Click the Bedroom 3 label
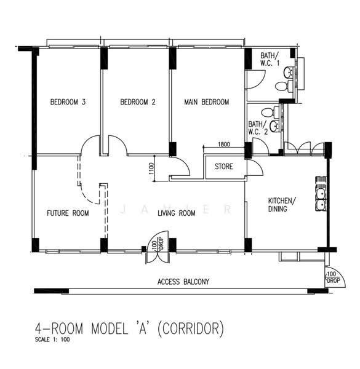pos(68,102)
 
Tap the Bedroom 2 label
pos(138,102)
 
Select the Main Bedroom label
pos(207,102)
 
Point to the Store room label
pos(223,167)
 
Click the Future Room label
pos(68,213)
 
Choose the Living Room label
pos(177,213)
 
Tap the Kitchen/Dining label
pos(282,205)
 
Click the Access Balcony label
pos(183,282)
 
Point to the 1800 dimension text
pos(223,144)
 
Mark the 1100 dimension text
pos(151,169)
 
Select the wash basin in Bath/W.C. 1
pos(288,73)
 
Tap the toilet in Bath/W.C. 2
pos(270,112)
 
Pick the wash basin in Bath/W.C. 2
pos(274,126)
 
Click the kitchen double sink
pos(321,199)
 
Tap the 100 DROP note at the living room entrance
pos(158,244)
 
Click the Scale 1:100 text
pos(52,339)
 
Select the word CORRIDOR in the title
pos(190,328)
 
